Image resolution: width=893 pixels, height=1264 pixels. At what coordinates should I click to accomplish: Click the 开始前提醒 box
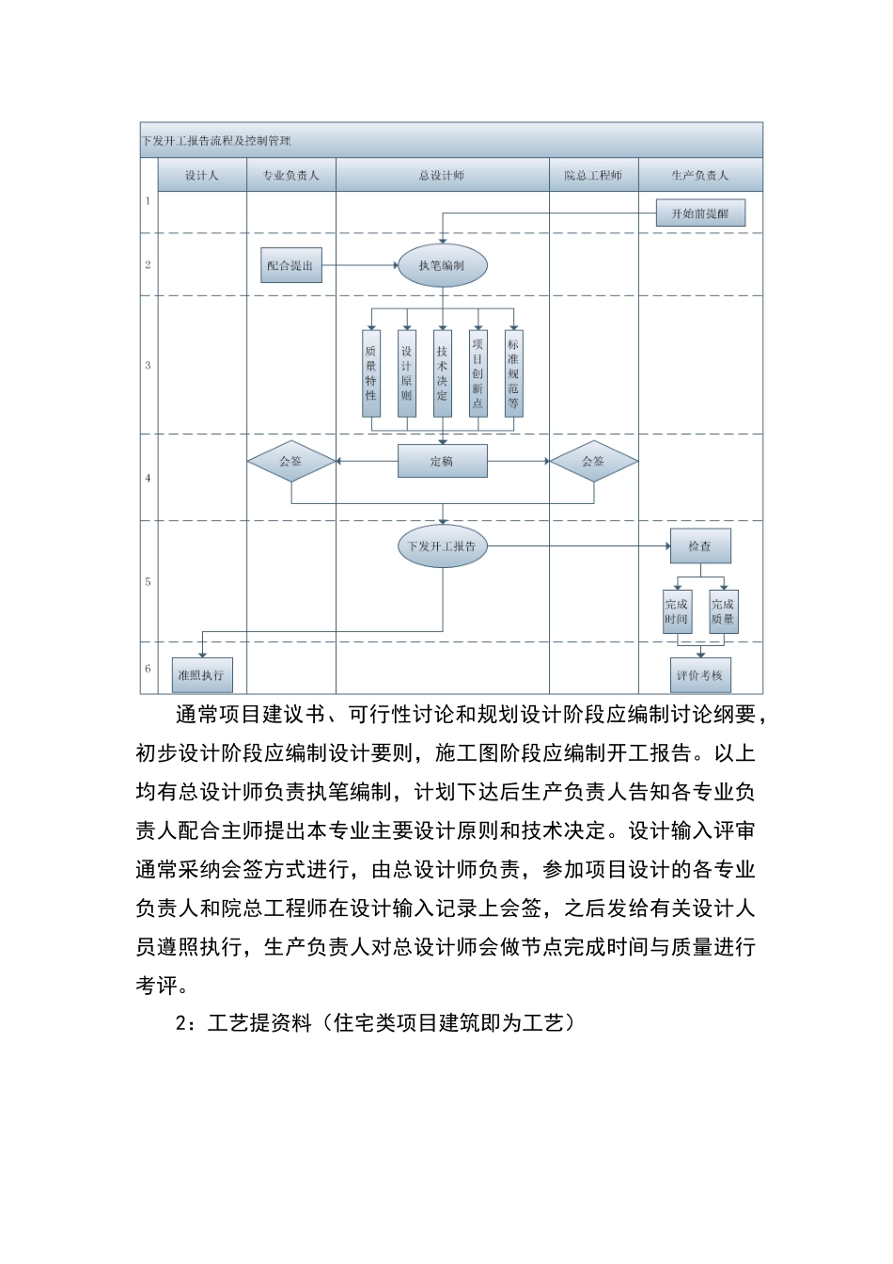[x=699, y=213]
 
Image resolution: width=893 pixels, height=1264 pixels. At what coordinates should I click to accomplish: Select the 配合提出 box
[x=290, y=266]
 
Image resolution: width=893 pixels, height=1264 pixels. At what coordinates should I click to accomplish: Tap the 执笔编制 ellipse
[x=442, y=266]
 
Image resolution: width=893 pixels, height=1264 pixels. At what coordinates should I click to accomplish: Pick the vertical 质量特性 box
[x=371, y=373]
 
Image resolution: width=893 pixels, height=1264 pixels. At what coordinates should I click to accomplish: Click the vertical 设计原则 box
[x=407, y=373]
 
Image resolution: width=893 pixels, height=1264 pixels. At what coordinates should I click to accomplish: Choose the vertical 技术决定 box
[x=443, y=373]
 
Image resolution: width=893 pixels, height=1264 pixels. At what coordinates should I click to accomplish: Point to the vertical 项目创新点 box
[x=478, y=373]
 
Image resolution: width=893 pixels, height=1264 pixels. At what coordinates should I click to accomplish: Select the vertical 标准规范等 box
[x=513, y=373]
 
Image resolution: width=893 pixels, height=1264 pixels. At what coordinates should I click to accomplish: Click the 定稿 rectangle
[x=442, y=461]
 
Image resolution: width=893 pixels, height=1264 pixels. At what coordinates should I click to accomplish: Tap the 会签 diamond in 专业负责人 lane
[x=291, y=462]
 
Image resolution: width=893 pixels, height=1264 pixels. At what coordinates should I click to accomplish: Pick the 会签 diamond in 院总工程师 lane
[x=593, y=462]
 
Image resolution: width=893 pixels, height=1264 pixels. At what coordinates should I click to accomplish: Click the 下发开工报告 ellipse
[x=442, y=546]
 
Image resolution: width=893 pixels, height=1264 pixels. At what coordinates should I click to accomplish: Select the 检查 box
[x=699, y=546]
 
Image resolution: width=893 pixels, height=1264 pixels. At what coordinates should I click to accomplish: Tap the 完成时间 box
[x=677, y=612]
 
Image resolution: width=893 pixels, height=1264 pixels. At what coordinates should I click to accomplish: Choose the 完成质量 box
[x=723, y=612]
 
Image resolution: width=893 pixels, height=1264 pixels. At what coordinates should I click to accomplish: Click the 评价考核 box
[x=699, y=675]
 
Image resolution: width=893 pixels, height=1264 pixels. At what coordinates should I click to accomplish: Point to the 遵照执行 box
[x=201, y=675]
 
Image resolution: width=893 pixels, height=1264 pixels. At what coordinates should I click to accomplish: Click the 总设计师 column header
[x=442, y=175]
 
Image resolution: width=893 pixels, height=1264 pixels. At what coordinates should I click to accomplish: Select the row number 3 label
[x=149, y=365]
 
